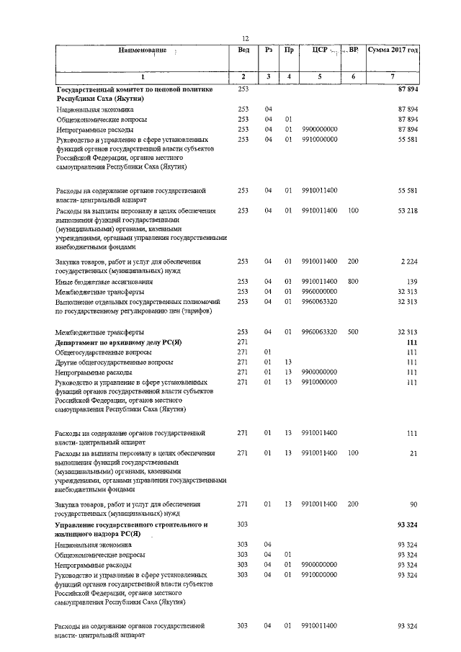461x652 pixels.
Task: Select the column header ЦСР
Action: [x=320, y=50]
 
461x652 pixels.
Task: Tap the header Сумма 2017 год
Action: [x=393, y=50]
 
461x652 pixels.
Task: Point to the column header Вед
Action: [x=243, y=50]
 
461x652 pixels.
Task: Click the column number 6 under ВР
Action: [x=353, y=76]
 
